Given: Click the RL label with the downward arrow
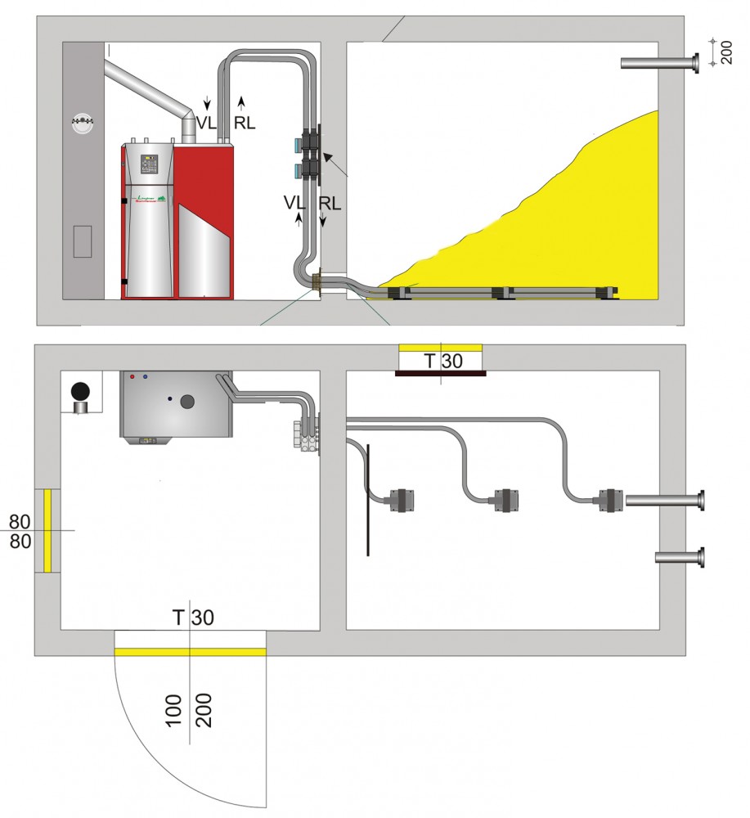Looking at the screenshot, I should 327,202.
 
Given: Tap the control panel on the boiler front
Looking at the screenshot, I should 150,164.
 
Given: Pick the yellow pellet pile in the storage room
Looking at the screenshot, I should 556,229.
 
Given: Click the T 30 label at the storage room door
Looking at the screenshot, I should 442,361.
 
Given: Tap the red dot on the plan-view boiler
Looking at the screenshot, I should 132,378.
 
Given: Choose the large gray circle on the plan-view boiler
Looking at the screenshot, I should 188,401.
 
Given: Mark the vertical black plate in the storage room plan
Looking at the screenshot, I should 368,499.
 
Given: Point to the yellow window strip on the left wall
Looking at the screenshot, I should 47,529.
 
